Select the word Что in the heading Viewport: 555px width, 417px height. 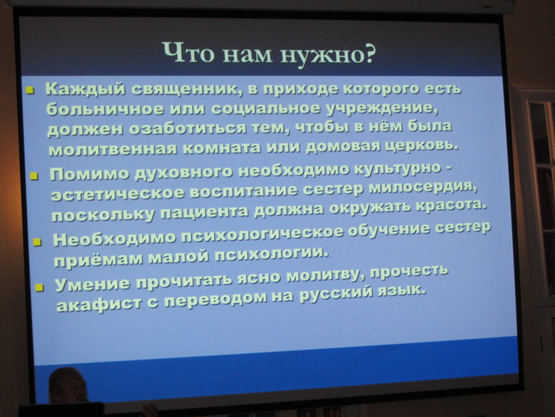[188, 52]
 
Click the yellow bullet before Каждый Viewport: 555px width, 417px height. [30, 91]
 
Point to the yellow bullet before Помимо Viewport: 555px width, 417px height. [34, 176]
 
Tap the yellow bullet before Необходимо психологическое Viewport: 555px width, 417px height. [37, 242]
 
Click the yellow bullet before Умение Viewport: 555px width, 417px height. [40, 287]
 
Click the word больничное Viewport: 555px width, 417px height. [105, 109]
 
